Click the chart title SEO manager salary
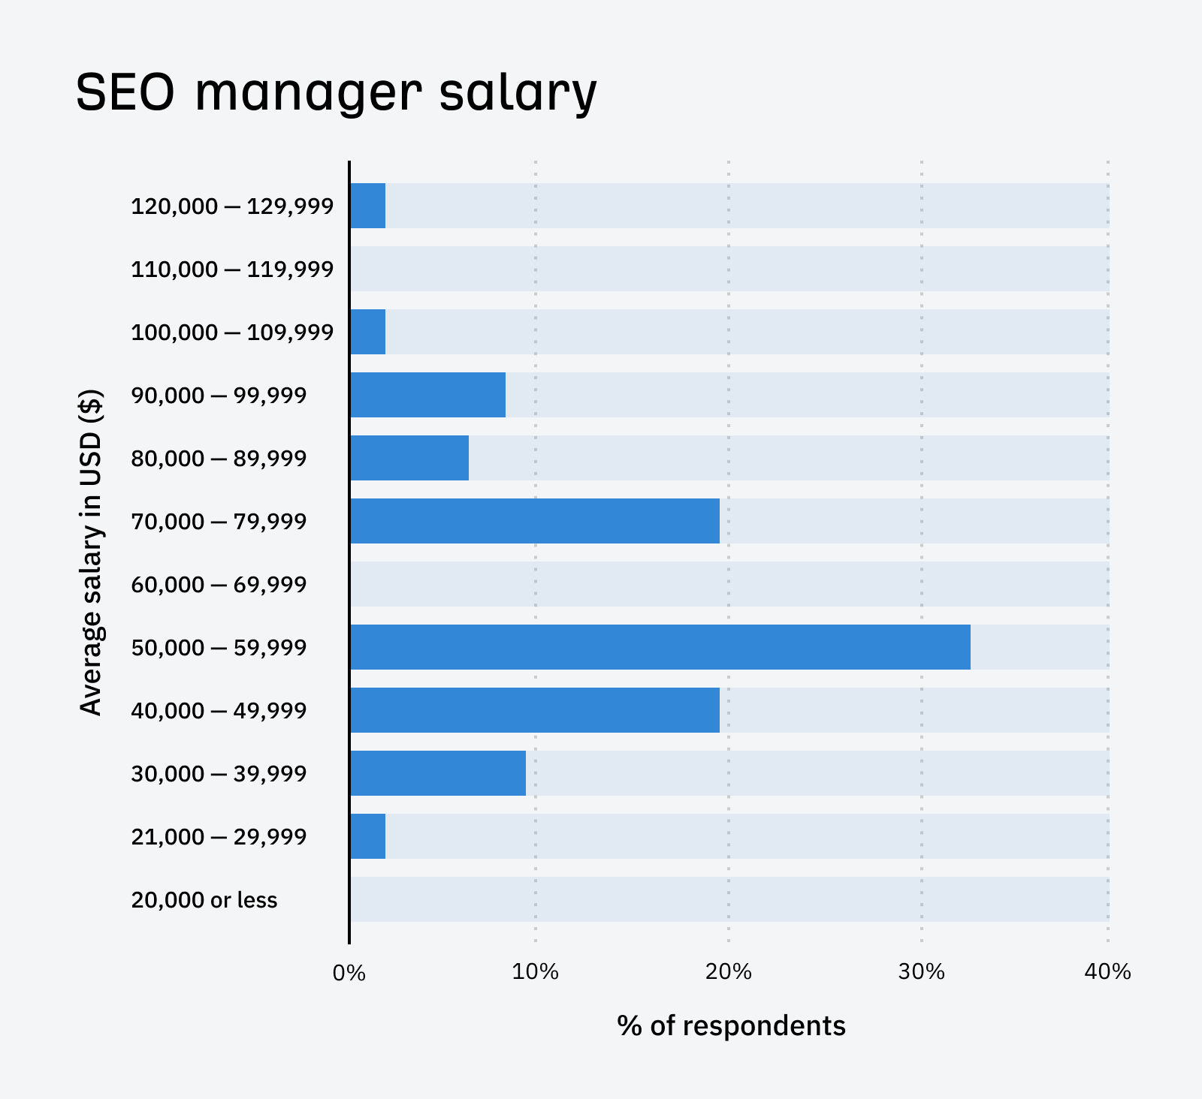click(336, 92)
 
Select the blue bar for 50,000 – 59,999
click(660, 647)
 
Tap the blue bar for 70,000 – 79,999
click(534, 521)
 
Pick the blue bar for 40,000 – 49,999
click(534, 710)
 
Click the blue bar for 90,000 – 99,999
click(427, 395)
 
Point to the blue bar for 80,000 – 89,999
click(409, 458)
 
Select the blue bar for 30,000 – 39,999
click(438, 773)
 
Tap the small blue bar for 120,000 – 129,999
click(368, 206)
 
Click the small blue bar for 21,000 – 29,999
click(368, 836)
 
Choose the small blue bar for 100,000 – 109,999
click(368, 332)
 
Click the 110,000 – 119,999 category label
click(232, 269)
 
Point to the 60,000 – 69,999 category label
click(219, 585)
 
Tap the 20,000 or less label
click(204, 900)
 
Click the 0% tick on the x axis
click(349, 973)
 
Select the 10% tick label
click(535, 972)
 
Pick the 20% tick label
click(729, 972)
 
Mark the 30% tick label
click(921, 972)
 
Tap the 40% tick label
click(1107, 972)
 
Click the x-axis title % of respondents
click(731, 1025)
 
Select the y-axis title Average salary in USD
click(91, 552)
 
